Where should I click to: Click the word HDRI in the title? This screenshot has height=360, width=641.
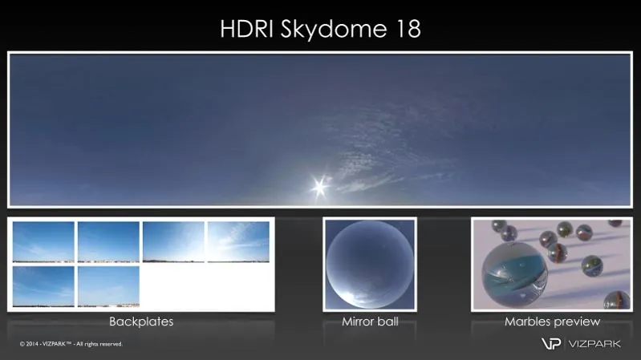pyautogui.click(x=246, y=29)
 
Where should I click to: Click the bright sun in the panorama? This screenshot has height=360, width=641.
pyautogui.click(x=320, y=187)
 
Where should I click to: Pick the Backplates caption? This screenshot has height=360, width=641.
pyautogui.click(x=141, y=322)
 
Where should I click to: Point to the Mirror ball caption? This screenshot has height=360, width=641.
pyautogui.click(x=370, y=322)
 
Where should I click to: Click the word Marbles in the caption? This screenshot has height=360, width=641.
pyautogui.click(x=527, y=322)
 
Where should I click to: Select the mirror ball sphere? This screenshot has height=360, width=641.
pyautogui.click(x=370, y=265)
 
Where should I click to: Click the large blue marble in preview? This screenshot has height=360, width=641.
pyautogui.click(x=514, y=274)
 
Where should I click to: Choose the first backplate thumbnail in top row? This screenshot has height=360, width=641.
pyautogui.click(x=44, y=242)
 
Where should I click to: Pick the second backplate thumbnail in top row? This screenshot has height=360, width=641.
pyautogui.click(x=108, y=242)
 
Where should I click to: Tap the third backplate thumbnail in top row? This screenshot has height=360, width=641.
pyautogui.click(x=173, y=242)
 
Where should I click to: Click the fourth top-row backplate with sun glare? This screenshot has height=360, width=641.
pyautogui.click(x=238, y=242)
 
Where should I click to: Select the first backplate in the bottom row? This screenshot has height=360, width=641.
pyautogui.click(x=44, y=286)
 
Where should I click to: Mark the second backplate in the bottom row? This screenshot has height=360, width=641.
pyautogui.click(x=108, y=286)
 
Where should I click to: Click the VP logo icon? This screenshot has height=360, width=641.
pyautogui.click(x=551, y=344)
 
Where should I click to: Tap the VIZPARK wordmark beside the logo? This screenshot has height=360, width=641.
pyautogui.click(x=594, y=344)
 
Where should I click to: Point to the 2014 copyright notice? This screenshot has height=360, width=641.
pyautogui.click(x=71, y=344)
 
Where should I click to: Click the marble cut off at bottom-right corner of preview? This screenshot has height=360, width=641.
pyautogui.click(x=617, y=300)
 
